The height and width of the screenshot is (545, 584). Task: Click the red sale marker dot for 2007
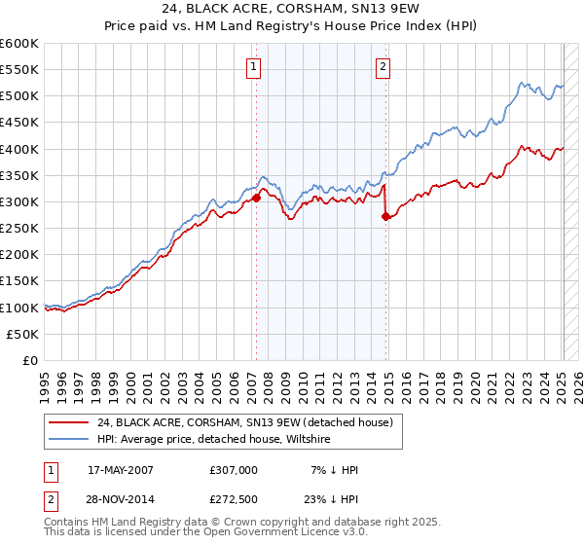point(257,198)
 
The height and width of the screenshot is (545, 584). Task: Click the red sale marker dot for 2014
point(386,216)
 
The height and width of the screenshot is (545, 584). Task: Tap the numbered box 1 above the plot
point(253,67)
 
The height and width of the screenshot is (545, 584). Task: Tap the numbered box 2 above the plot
point(383,67)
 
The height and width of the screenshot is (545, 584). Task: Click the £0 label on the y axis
point(29,360)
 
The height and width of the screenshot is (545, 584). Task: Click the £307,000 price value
point(234,470)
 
